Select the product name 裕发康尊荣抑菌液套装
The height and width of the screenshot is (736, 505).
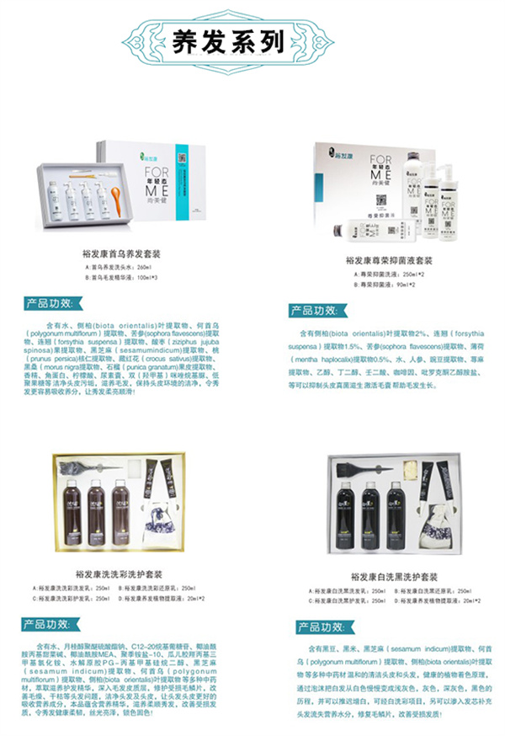(x=384, y=262)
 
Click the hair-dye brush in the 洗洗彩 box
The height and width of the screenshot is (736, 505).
(x=80, y=466)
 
